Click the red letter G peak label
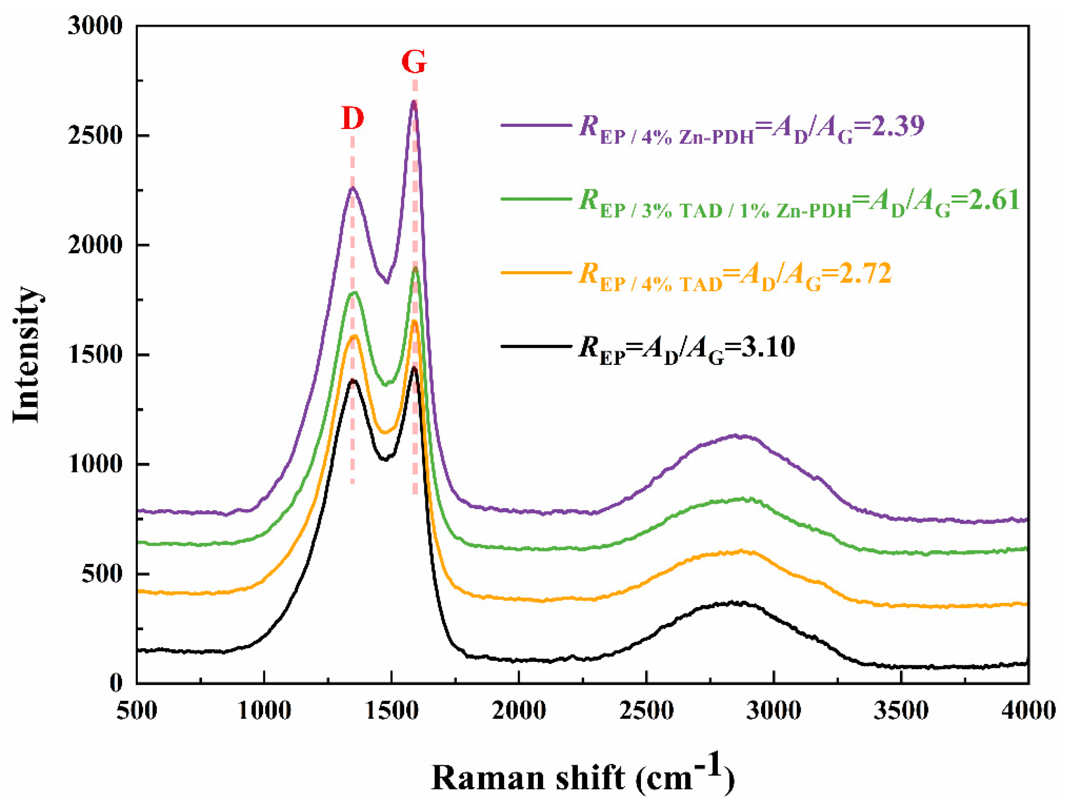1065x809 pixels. point(414,62)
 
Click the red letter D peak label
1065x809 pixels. point(352,118)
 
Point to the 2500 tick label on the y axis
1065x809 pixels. point(95,135)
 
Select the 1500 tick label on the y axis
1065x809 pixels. point(95,355)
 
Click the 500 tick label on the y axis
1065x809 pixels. point(102,574)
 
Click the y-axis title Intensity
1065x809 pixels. point(26,355)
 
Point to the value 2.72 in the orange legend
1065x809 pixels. point(865,274)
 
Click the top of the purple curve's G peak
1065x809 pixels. point(413,102)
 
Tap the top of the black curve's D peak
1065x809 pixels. point(353,380)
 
